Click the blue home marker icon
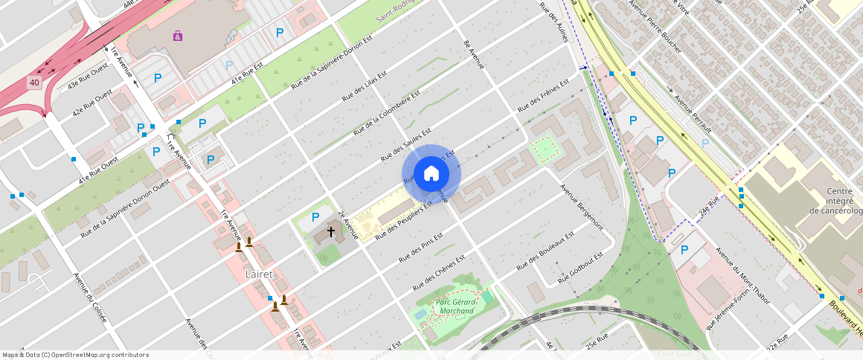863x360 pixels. tap(431, 174)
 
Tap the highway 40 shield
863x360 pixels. tap(34, 83)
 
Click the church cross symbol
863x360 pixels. tap(331, 232)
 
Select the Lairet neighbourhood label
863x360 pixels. tap(260, 274)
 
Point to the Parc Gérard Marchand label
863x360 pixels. tap(455, 306)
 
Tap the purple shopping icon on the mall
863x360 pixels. tap(177, 36)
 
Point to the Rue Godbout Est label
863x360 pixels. tap(580, 267)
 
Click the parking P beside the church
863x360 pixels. tap(315, 217)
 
